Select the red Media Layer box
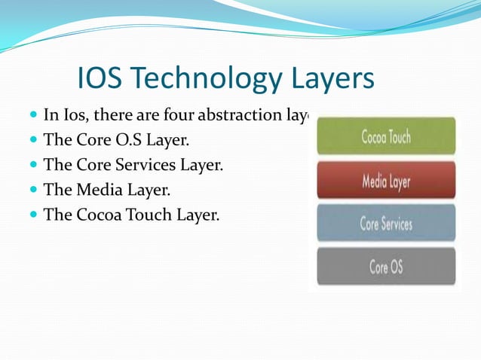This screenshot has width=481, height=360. tap(386, 181)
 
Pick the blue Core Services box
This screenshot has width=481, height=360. tap(386, 224)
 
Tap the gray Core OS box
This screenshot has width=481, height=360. tap(386, 266)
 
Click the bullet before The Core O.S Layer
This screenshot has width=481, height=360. tap(33, 140)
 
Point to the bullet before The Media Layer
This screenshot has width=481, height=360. tap(33, 190)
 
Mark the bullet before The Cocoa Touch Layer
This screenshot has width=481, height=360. tap(33, 215)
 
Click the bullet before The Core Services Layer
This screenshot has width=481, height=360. tap(33, 165)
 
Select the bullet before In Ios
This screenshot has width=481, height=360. tap(33, 115)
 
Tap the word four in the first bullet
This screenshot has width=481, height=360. tap(176, 115)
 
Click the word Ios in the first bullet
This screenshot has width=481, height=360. tap(70, 115)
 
